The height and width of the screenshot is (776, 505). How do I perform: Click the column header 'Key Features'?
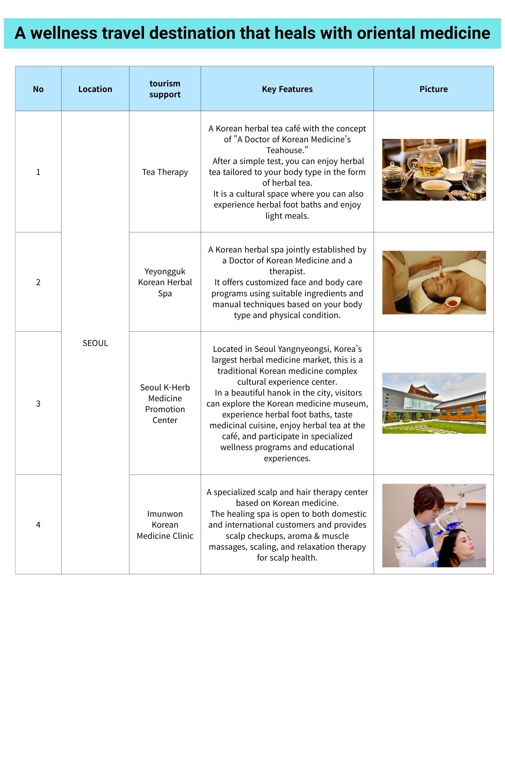click(287, 89)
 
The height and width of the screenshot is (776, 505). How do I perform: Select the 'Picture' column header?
click(433, 89)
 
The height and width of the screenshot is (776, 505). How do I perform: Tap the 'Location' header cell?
click(95, 89)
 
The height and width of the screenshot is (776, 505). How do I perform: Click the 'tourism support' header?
click(165, 89)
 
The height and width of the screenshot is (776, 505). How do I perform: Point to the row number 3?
click(38, 403)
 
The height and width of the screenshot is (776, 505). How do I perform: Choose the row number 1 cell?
click(38, 172)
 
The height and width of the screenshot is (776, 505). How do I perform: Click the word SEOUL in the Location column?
click(95, 343)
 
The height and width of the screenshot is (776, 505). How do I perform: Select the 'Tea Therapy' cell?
click(165, 172)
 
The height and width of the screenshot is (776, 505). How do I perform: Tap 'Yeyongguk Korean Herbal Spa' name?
click(165, 282)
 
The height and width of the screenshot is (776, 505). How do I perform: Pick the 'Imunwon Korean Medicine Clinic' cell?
click(165, 525)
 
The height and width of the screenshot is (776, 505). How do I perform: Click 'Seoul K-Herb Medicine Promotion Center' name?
click(165, 403)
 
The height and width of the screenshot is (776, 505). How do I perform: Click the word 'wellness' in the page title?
click(64, 33)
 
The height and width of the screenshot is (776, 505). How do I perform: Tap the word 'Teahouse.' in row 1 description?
click(287, 150)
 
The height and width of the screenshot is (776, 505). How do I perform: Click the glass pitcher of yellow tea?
click(427, 160)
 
